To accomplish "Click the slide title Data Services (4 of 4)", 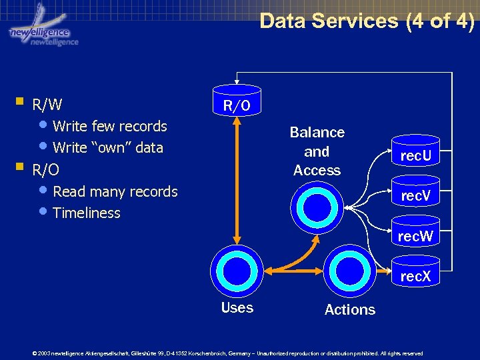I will (x=367, y=21).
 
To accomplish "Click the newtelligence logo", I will (x=43, y=30).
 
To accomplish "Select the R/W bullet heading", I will (x=47, y=105).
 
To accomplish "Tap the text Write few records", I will (x=109, y=126).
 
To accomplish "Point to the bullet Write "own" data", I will (x=107, y=147).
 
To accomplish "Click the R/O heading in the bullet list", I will (x=45, y=170).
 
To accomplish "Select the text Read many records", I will (x=115, y=192).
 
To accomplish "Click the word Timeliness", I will (x=86, y=213).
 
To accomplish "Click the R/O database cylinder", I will (x=237, y=102).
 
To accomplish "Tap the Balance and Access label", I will (x=317, y=151).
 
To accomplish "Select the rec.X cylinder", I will (x=415, y=274).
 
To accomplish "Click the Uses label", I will (x=237, y=308).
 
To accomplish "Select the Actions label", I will (x=349, y=309).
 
